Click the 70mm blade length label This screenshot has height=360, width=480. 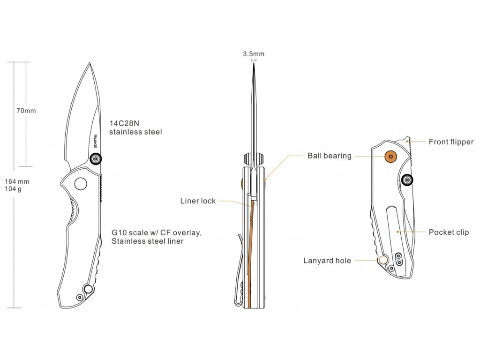pyautogui.click(x=26, y=111)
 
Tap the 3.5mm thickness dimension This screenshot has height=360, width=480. pyautogui.click(x=254, y=54)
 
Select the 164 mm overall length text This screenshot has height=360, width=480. pyautogui.click(x=17, y=181)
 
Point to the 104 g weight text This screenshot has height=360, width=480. pyautogui.click(x=14, y=189)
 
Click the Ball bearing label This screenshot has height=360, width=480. pyautogui.click(x=330, y=156)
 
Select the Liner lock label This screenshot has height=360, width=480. pyautogui.click(x=198, y=201)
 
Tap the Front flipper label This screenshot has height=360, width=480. pyautogui.click(x=451, y=142)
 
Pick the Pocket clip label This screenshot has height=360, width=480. pyautogui.click(x=449, y=232)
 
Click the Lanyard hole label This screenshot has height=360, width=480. pyautogui.click(x=327, y=261)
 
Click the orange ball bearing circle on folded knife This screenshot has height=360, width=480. pyautogui.click(x=390, y=156)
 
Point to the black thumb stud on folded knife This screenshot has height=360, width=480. pyautogui.click(x=407, y=179)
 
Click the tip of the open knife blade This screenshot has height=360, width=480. pyautogui.click(x=89, y=63)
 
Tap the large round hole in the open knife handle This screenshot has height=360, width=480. pyautogui.click(x=81, y=184)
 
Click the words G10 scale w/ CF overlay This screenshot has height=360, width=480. pyautogui.click(x=157, y=232)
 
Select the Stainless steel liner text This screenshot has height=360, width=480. pyautogui.click(x=147, y=241)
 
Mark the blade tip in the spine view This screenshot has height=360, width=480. pyautogui.click(x=253, y=64)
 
